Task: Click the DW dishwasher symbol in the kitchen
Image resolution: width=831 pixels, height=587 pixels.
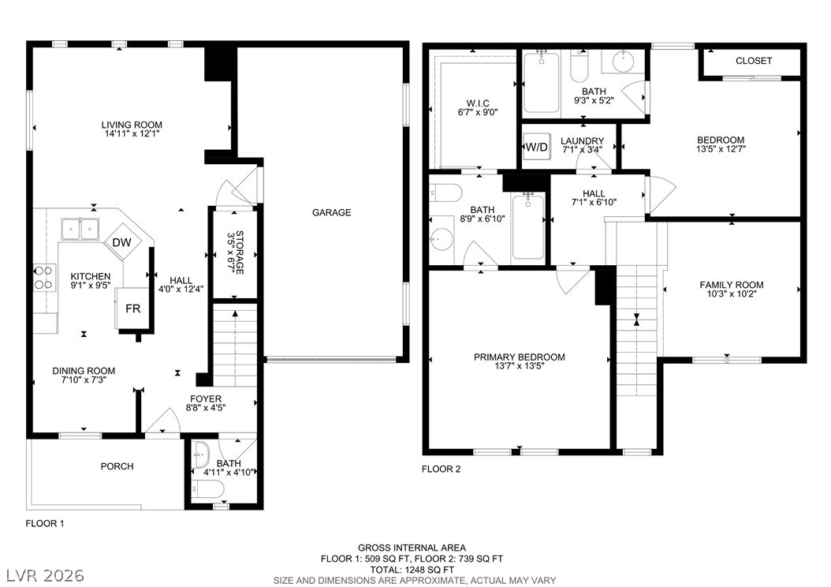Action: pyautogui.click(x=122, y=243)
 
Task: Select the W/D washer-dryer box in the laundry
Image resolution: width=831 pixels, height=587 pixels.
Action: pyautogui.click(x=536, y=147)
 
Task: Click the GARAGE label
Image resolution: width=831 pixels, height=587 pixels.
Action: pyautogui.click(x=331, y=212)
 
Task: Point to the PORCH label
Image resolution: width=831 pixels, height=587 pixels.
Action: pyautogui.click(x=117, y=466)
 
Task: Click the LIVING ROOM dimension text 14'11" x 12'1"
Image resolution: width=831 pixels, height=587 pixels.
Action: pyautogui.click(x=132, y=133)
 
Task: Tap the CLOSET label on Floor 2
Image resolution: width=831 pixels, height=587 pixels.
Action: pyautogui.click(x=754, y=61)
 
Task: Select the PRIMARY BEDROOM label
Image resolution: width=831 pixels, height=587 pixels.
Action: pyautogui.click(x=520, y=357)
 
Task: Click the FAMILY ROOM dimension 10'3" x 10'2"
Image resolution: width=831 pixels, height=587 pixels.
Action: pyautogui.click(x=732, y=293)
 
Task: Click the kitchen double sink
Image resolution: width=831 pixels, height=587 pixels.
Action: pyautogui.click(x=80, y=229)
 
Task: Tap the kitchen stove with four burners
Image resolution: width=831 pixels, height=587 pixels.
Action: pyautogui.click(x=44, y=278)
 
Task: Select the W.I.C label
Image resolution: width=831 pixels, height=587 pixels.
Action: pyautogui.click(x=478, y=103)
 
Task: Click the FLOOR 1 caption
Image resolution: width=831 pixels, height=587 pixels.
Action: pyautogui.click(x=44, y=523)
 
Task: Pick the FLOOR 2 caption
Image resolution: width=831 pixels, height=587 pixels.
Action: pyautogui.click(x=441, y=469)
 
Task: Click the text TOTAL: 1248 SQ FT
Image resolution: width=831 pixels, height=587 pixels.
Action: pyautogui.click(x=412, y=570)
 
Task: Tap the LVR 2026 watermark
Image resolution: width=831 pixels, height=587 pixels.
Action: pyautogui.click(x=45, y=575)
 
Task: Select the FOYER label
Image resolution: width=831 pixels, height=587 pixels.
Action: pyautogui.click(x=206, y=398)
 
